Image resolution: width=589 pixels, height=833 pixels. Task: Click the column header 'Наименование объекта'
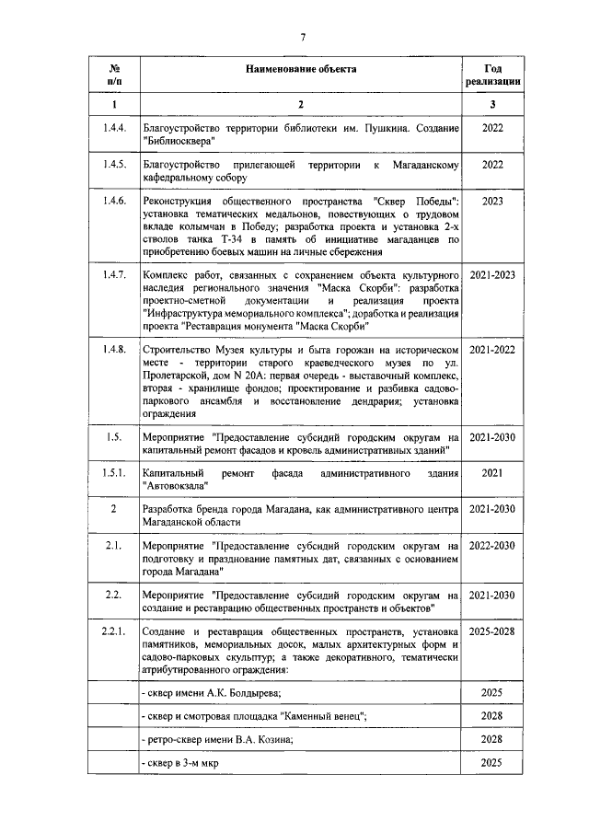coord(300,70)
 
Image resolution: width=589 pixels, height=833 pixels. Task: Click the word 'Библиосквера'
coord(178,141)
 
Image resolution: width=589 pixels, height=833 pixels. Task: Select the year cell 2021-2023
coord(492,275)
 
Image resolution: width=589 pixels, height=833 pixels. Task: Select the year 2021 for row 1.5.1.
coord(492,472)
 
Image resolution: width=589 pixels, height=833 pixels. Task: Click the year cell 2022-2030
coord(492,547)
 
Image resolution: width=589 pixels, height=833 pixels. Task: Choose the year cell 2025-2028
coord(492,632)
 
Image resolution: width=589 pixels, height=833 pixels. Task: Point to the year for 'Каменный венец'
coord(492,716)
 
